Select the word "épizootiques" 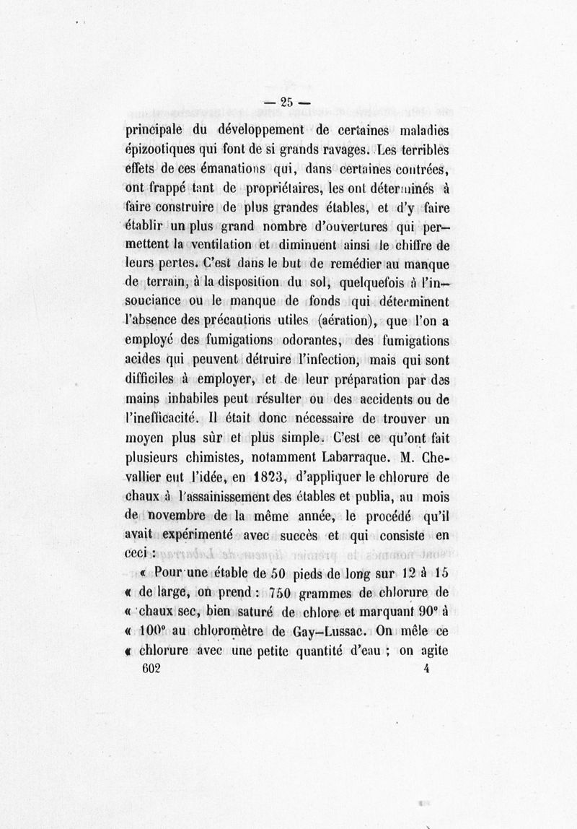click(163, 151)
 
